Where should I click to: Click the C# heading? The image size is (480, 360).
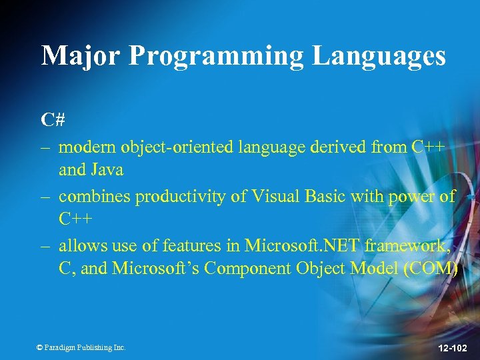(53, 119)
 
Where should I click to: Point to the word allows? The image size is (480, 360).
(78, 246)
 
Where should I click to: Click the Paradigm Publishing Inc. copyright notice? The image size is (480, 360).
(81, 347)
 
